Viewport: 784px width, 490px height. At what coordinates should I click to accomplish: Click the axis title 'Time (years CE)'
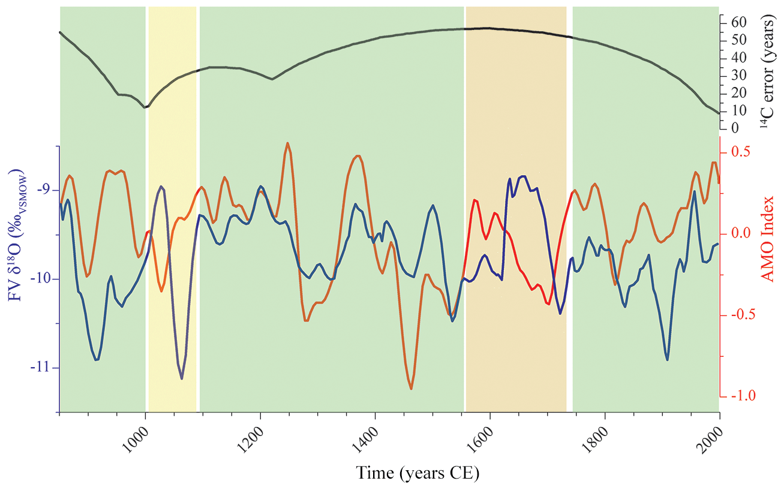pyautogui.click(x=418, y=473)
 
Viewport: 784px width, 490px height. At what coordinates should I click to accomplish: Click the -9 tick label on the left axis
pyautogui.click(x=46, y=191)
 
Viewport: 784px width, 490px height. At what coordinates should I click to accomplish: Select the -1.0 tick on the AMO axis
pyautogui.click(x=741, y=396)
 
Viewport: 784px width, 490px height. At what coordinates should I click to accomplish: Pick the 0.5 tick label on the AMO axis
pyautogui.click(x=740, y=152)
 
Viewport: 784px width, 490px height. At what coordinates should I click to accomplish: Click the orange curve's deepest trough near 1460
pyautogui.click(x=411, y=389)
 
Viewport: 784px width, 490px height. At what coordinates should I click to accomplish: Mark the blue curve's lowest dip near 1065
pyautogui.click(x=182, y=378)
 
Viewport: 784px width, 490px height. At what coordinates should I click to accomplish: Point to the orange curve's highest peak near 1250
pyautogui.click(x=288, y=143)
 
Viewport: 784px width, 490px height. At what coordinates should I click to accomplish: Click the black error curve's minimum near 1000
pyautogui.click(x=145, y=107)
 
